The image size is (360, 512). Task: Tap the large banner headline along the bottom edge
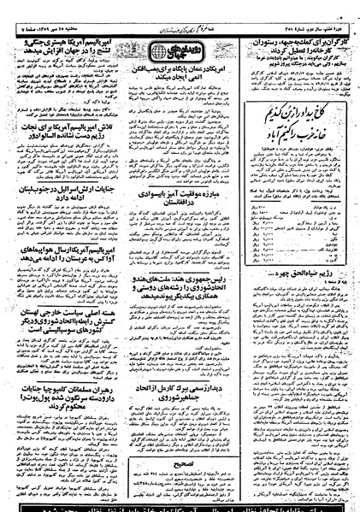tap(180, 504)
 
